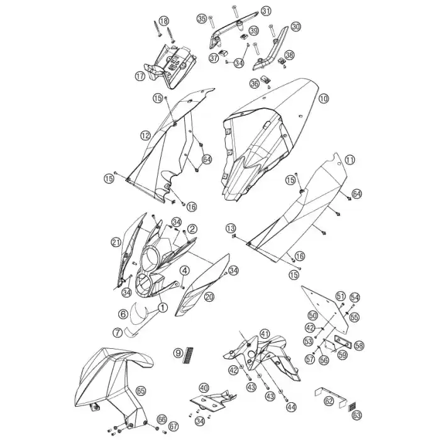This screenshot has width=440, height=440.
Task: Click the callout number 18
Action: pos(164,21)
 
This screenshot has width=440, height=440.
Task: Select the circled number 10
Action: pos(324,99)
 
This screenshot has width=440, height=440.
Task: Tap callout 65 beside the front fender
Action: pos(141,390)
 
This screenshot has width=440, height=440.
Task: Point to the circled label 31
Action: pos(266,11)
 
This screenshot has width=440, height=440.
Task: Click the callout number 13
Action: pos(231,228)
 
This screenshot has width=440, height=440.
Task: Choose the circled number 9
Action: pos(178,353)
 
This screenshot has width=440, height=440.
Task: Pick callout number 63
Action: pos(357,415)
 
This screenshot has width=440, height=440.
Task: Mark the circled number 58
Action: pos(359,346)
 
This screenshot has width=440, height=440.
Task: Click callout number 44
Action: pos(291,407)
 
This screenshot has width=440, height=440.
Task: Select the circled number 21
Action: pos(116,242)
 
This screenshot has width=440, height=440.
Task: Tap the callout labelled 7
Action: pos(118,333)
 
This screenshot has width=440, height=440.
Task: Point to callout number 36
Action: pos(255,84)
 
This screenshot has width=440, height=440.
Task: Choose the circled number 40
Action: pos(204,388)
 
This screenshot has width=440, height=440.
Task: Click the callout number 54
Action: pos(355,297)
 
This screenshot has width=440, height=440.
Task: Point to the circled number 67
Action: pos(173,427)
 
